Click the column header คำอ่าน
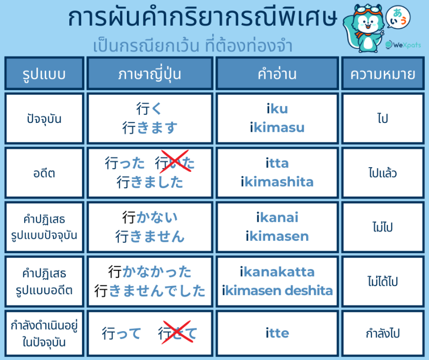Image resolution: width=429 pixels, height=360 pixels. [277, 74]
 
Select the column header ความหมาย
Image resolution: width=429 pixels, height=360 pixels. [383, 74]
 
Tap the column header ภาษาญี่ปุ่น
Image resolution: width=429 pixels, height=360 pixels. [150, 74]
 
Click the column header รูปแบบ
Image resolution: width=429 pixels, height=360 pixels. [44, 74]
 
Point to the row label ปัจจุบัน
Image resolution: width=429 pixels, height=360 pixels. [44, 119]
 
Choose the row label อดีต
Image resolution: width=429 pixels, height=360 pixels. [44, 173]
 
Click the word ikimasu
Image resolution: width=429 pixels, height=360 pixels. [277, 128]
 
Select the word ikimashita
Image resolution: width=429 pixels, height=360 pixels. [277, 182]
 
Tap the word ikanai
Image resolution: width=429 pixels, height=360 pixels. [277, 218]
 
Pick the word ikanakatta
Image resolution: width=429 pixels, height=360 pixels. [277, 272]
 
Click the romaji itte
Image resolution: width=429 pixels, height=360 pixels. [277, 333]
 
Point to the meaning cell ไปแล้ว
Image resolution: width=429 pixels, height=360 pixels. [383, 173]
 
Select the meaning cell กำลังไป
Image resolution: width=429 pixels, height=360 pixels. [383, 333]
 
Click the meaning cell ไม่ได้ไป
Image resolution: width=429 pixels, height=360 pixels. [383, 281]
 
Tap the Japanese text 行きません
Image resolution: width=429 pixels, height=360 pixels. [150, 236]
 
